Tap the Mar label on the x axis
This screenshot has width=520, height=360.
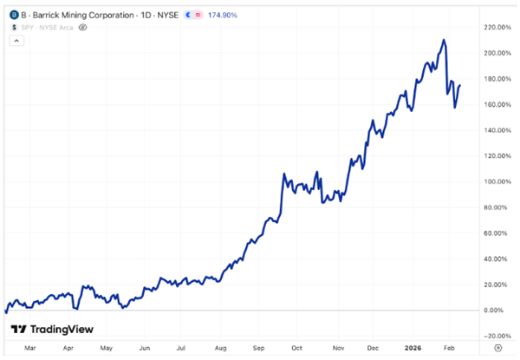coord(32,348)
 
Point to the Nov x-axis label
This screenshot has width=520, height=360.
coord(335,348)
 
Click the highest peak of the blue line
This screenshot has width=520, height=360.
coord(443,40)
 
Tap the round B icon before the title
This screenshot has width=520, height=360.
coord(13,16)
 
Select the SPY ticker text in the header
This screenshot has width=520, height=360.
coord(29,28)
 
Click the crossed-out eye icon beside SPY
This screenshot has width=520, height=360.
coord(83,28)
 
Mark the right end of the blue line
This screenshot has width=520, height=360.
coord(459,85)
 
